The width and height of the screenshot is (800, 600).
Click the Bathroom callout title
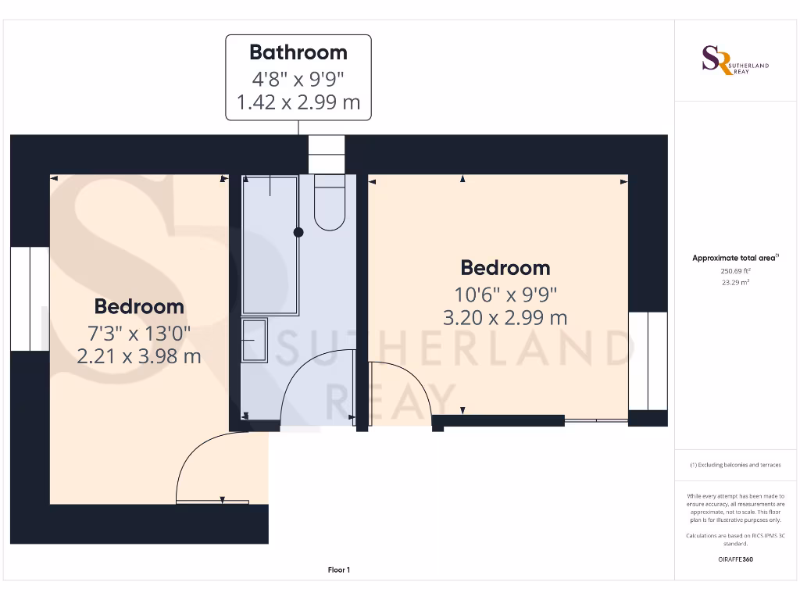[x=298, y=52]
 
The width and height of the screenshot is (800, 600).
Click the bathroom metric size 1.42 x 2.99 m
[x=298, y=102]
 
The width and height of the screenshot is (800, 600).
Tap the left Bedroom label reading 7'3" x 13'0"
[x=139, y=334]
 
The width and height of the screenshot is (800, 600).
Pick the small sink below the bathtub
[x=254, y=340]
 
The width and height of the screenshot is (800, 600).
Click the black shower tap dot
[x=298, y=232]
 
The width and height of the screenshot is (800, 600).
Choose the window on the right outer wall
[x=648, y=361]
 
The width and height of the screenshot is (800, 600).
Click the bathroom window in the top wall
[x=326, y=154]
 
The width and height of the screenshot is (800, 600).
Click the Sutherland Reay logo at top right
[x=734, y=60]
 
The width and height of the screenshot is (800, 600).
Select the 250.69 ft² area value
[x=734, y=270]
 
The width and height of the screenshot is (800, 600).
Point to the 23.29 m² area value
[x=734, y=282]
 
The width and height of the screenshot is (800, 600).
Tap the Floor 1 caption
[x=338, y=570]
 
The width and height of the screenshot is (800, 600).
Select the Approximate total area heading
[x=735, y=258]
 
